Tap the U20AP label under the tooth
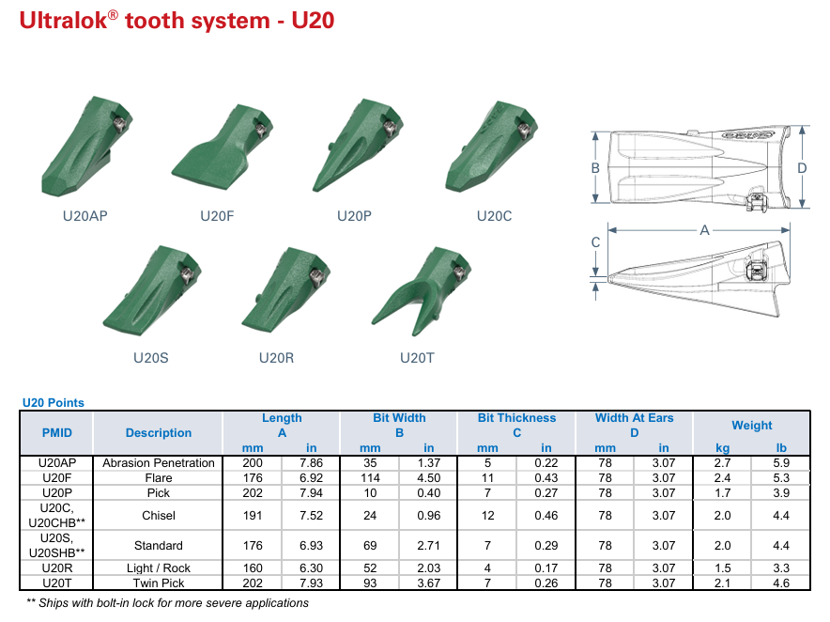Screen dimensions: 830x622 [85, 216]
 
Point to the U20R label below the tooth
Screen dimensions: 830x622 [276, 358]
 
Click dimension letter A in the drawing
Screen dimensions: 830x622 [704, 230]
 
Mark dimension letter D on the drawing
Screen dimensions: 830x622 [802, 168]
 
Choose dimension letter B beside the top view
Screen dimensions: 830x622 [595, 168]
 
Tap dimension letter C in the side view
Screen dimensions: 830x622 [595, 242]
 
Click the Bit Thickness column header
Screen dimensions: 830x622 [516, 418]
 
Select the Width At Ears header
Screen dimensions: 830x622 [634, 418]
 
